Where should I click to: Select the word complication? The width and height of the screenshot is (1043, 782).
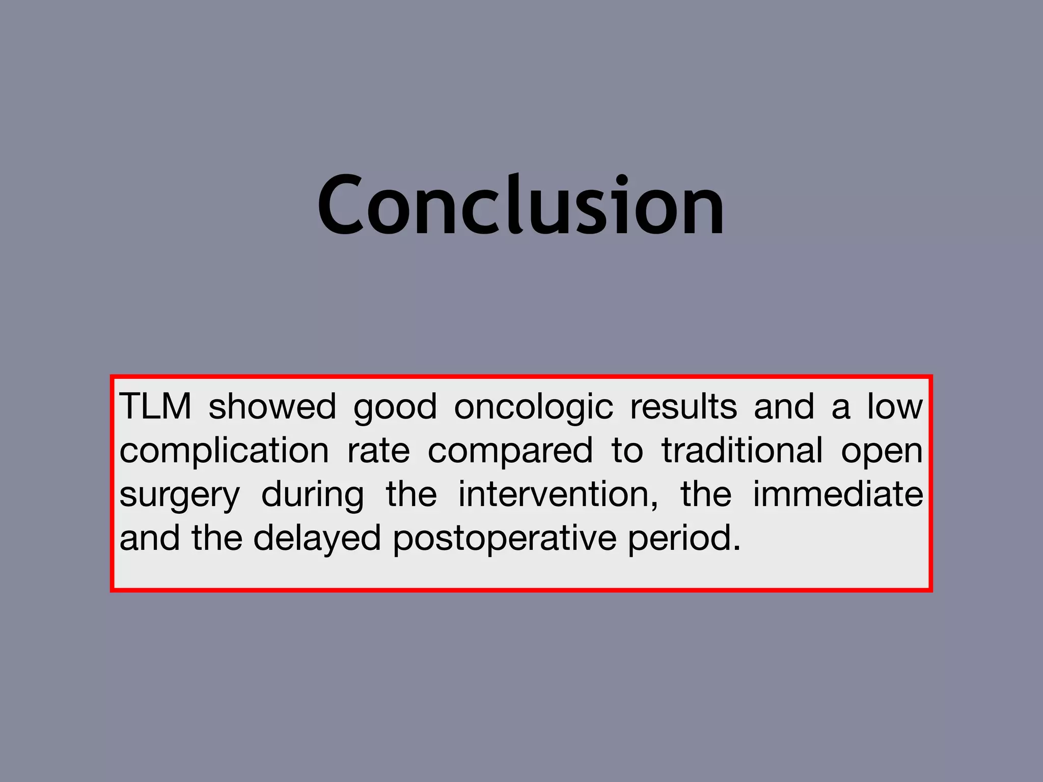coord(224,451)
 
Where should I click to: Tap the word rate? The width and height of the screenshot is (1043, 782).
coord(378,451)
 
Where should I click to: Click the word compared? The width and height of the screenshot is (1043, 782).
coord(510,451)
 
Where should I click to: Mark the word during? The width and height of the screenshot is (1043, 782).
coord(313,495)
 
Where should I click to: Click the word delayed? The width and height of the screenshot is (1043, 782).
coord(317,539)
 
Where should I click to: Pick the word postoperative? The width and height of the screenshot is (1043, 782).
coord(505,539)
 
